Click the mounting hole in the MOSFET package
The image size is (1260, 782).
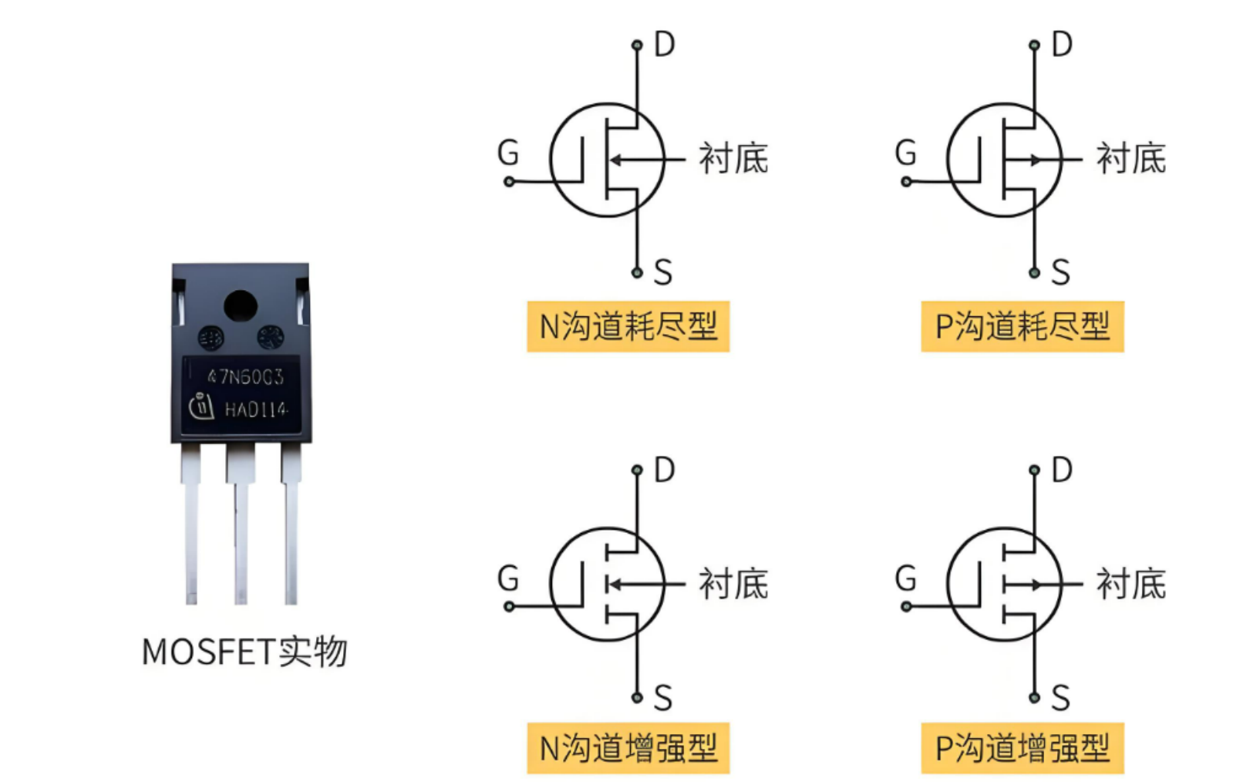pos(241,306)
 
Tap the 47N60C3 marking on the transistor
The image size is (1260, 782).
pos(245,376)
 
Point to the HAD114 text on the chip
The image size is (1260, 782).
pos(256,410)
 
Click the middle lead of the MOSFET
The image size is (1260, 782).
pos(241,532)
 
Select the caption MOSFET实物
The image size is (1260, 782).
pos(244,652)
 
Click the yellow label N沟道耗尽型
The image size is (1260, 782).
pos(628,326)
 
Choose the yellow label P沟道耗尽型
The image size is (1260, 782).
pos(1022,326)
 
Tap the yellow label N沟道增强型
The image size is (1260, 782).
pos(628,748)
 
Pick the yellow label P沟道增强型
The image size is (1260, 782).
pos(1022,748)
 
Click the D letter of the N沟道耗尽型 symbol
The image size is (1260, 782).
pos(664,45)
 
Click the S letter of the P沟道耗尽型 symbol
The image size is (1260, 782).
pos(1060,272)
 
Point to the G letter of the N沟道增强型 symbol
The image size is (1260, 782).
pos(508,578)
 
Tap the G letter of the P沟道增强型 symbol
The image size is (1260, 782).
pos(905,578)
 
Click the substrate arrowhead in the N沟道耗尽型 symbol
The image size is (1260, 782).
pos(616,160)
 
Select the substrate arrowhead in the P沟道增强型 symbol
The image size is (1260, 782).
pos(1036,585)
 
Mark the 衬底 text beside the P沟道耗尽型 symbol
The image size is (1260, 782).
pos(1130,159)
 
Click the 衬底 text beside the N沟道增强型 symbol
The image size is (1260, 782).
pos(733,584)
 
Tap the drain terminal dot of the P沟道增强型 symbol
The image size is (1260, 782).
pos(1034,470)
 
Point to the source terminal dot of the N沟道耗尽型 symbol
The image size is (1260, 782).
pos(637,272)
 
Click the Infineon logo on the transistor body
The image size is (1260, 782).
pos(201,406)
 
